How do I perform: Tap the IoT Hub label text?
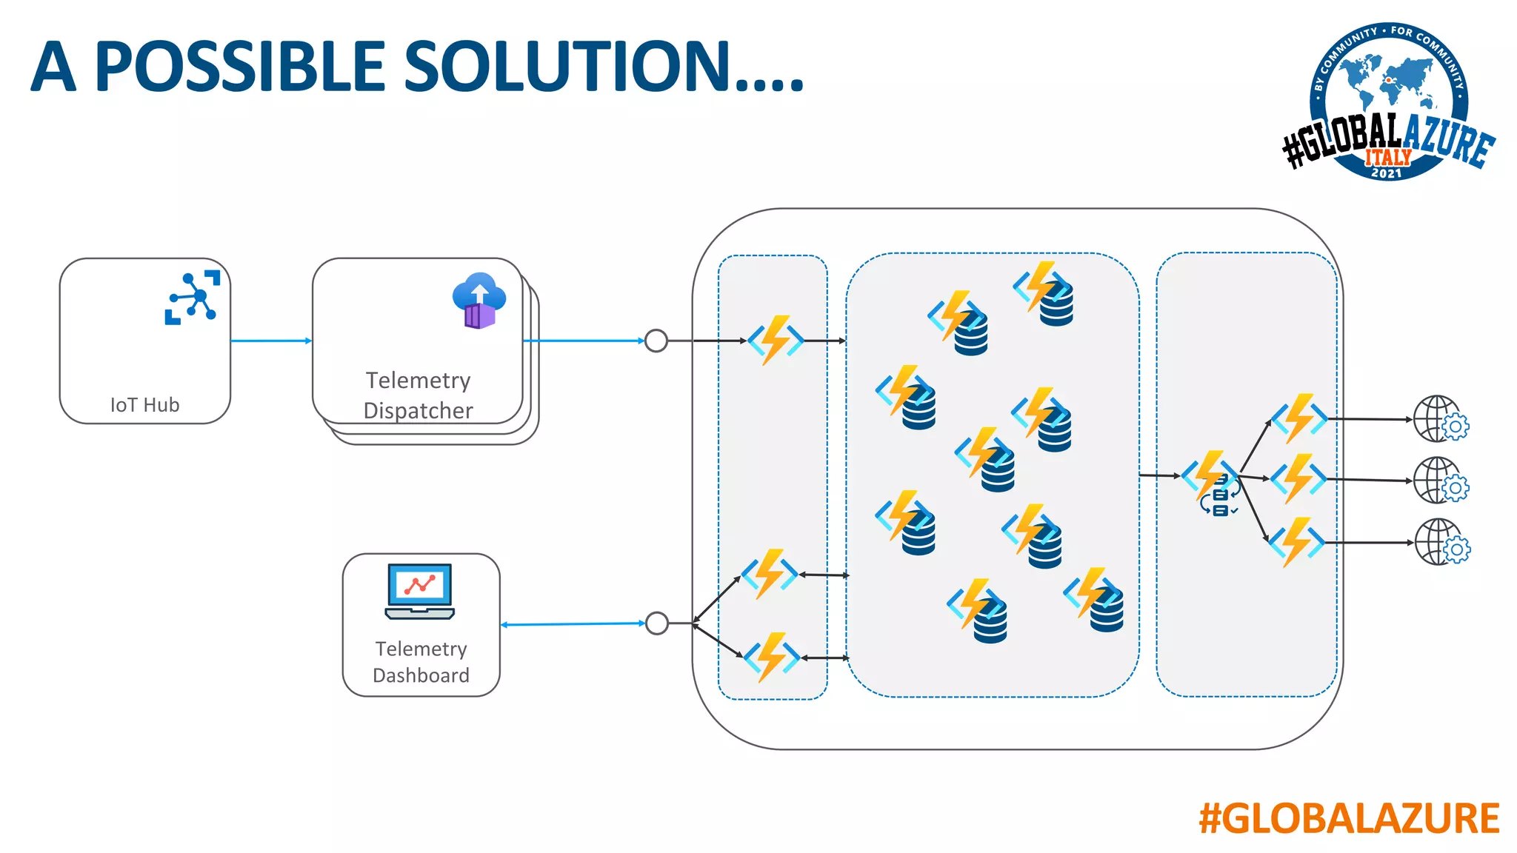point(145,405)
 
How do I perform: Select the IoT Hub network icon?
point(192,297)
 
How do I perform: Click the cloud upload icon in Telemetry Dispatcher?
point(479,300)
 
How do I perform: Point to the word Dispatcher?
point(418,410)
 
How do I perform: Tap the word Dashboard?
point(421,675)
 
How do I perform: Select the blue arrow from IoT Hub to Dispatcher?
point(271,341)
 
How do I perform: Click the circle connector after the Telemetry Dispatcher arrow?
point(656,341)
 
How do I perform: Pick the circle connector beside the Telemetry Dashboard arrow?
point(657,623)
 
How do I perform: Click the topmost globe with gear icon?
point(1441,419)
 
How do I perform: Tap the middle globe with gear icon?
point(1441,481)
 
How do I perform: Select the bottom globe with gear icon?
point(1441,542)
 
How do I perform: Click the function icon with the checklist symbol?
point(1212,483)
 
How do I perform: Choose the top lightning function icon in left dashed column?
point(776,341)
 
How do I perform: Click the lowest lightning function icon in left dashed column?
point(772,657)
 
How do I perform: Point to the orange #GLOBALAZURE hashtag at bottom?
point(1349,819)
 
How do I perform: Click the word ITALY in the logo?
point(1388,157)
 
